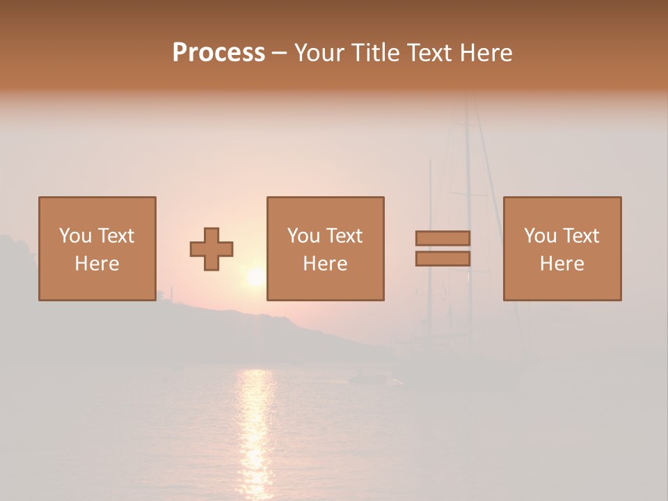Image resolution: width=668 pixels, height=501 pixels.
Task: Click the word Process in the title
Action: tap(218, 52)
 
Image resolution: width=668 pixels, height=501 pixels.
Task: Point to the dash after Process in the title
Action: tap(279, 54)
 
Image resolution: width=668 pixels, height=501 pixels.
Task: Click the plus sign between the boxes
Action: tap(212, 249)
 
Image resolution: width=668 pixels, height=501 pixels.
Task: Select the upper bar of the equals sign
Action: tap(443, 238)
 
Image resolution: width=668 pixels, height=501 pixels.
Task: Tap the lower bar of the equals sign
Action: tap(443, 259)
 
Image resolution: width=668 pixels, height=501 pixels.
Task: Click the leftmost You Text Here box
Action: tap(97, 248)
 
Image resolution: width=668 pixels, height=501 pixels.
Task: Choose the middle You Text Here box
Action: tap(325, 248)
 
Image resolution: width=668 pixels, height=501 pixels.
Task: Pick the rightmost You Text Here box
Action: tap(562, 248)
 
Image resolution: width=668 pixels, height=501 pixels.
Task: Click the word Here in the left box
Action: tap(97, 264)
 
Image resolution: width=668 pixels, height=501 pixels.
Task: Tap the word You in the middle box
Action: tap(303, 236)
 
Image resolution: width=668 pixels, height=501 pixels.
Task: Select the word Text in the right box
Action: tap(580, 236)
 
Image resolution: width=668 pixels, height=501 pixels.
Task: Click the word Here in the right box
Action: tap(562, 264)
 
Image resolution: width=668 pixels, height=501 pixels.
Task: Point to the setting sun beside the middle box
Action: tap(255, 278)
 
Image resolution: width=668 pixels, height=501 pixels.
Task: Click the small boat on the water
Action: tap(365, 378)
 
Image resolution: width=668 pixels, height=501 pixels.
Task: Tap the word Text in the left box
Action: tap(115, 236)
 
